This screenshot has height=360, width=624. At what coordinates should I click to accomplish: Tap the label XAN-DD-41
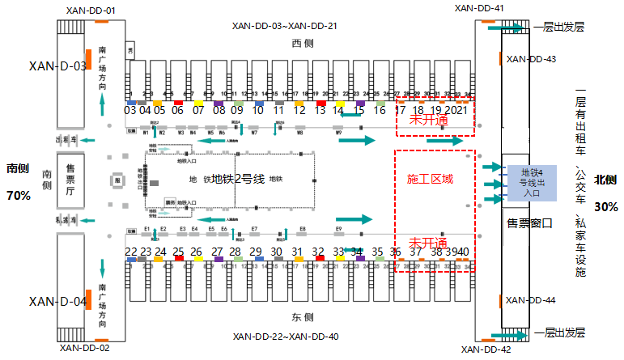(x=479, y=8)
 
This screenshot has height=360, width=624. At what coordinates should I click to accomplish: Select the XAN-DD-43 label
(x=531, y=59)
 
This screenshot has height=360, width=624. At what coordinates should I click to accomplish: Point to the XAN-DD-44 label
(x=531, y=300)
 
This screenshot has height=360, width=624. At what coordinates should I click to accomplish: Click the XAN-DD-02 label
(x=83, y=348)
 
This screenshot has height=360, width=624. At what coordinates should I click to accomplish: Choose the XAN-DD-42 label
(x=486, y=349)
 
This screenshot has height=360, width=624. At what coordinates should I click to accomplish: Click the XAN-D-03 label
(x=57, y=66)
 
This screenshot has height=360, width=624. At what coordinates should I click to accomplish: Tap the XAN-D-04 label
(x=57, y=302)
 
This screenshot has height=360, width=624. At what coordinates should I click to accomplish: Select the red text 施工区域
(x=430, y=179)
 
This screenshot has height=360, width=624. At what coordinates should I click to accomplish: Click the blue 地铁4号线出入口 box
(x=531, y=181)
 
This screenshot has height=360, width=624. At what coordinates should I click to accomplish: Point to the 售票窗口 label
(x=528, y=222)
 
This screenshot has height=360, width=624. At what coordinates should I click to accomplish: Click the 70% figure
(x=18, y=195)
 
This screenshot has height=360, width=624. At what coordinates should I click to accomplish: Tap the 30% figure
(x=605, y=206)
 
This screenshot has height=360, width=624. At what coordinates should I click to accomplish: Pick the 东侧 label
(x=302, y=317)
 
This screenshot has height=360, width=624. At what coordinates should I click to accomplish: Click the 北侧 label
(x=605, y=180)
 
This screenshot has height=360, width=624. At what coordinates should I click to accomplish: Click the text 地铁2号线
(x=239, y=179)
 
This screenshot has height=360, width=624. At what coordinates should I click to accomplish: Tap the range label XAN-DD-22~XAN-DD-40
(x=285, y=337)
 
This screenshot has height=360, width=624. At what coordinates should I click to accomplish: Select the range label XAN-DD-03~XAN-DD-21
(x=284, y=25)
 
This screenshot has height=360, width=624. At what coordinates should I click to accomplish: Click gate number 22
(x=131, y=252)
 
